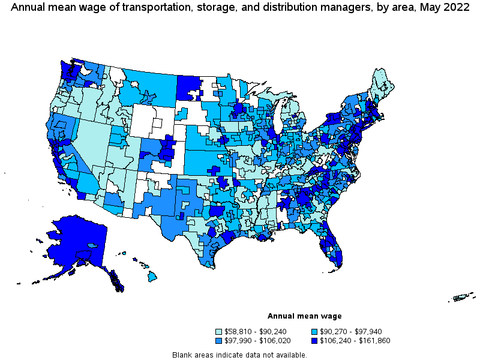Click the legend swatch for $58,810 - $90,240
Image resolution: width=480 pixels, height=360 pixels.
click(x=219, y=331)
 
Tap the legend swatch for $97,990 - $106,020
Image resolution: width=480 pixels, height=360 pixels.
click(x=219, y=340)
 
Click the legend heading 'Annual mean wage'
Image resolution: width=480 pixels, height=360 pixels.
click(x=304, y=316)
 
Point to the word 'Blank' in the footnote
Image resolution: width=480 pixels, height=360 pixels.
click(x=182, y=355)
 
